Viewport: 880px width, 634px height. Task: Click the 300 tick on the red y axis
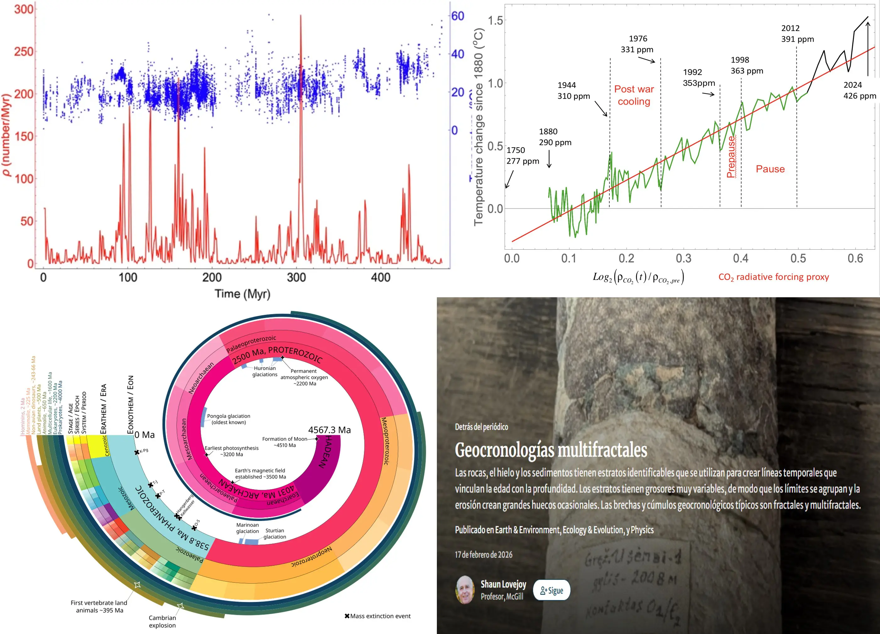click(x=24, y=9)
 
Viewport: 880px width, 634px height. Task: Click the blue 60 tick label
click(x=458, y=16)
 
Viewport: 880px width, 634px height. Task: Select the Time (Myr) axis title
click(x=242, y=294)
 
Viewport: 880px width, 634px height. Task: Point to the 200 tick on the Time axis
click(x=212, y=277)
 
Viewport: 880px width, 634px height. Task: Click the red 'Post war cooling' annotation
click(x=634, y=95)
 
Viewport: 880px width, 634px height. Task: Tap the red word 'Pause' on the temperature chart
click(x=770, y=169)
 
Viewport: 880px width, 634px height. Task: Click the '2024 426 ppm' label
click(x=860, y=90)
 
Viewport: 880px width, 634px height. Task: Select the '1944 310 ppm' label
click(x=573, y=91)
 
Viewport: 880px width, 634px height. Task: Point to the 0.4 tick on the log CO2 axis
click(x=741, y=258)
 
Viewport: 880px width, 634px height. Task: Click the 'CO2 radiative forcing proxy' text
click(x=774, y=277)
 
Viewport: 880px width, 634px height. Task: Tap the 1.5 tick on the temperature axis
click(x=495, y=20)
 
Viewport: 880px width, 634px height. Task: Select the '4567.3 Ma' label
click(x=329, y=430)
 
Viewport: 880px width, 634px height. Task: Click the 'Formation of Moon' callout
click(x=285, y=442)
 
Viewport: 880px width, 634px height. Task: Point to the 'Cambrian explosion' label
click(x=162, y=621)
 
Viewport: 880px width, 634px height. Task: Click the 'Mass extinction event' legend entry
click(x=378, y=616)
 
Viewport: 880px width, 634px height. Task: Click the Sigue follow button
click(x=551, y=590)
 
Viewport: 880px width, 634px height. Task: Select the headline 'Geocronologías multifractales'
click(x=551, y=450)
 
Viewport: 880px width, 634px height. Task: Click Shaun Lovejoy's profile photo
click(x=465, y=590)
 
